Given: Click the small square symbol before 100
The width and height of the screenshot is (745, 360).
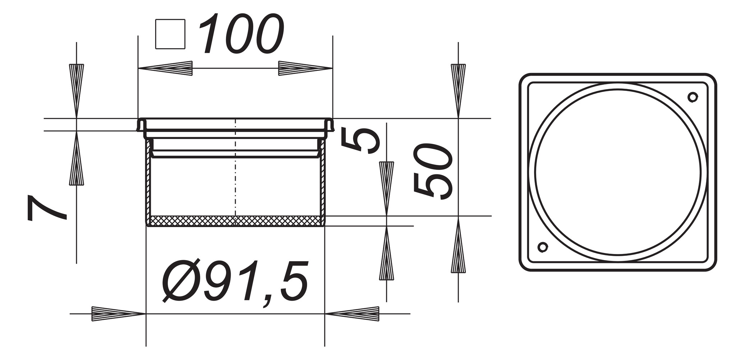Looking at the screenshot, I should [170, 34].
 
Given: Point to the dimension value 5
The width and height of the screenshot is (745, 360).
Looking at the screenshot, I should [360, 141].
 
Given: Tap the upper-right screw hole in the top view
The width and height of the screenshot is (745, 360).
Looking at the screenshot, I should [693, 97].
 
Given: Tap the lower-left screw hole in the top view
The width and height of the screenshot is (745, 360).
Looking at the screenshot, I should [543, 247].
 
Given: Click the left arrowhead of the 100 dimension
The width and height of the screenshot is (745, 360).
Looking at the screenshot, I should [166, 68].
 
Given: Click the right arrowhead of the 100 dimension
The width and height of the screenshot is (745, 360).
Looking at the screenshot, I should [305, 68].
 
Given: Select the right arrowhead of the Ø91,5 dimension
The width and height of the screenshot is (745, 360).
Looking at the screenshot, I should [352, 314].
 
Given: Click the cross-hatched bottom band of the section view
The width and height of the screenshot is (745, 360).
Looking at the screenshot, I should [235, 221].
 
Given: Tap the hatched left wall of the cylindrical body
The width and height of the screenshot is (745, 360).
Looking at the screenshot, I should [148, 180].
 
